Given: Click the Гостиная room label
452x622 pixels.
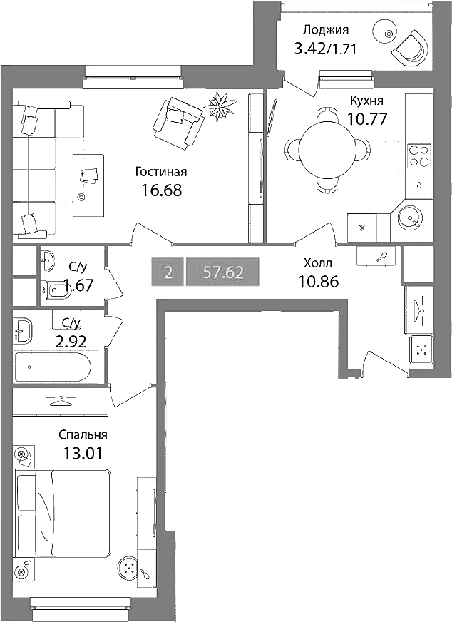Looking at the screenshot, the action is (x=161, y=172).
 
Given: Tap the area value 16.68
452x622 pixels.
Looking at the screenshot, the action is (x=161, y=190).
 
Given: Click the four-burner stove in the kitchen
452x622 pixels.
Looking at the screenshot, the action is (x=418, y=155).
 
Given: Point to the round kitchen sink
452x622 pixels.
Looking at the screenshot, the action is (x=409, y=218).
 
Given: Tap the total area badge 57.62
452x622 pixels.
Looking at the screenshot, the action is (x=223, y=272).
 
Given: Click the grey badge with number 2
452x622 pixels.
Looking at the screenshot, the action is (x=168, y=272).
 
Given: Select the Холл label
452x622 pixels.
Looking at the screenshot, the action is (x=317, y=263).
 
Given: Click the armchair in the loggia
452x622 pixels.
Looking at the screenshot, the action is (x=411, y=46).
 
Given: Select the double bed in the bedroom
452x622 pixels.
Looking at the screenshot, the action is (x=63, y=513).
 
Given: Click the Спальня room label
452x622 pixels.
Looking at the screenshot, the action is (x=83, y=435).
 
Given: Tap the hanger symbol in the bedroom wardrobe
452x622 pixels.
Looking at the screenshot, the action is (x=61, y=401).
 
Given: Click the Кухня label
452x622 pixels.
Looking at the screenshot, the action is (x=366, y=101).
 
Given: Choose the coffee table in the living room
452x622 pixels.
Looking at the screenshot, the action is (x=88, y=185).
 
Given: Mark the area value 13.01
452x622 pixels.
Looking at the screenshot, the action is (x=83, y=453).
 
